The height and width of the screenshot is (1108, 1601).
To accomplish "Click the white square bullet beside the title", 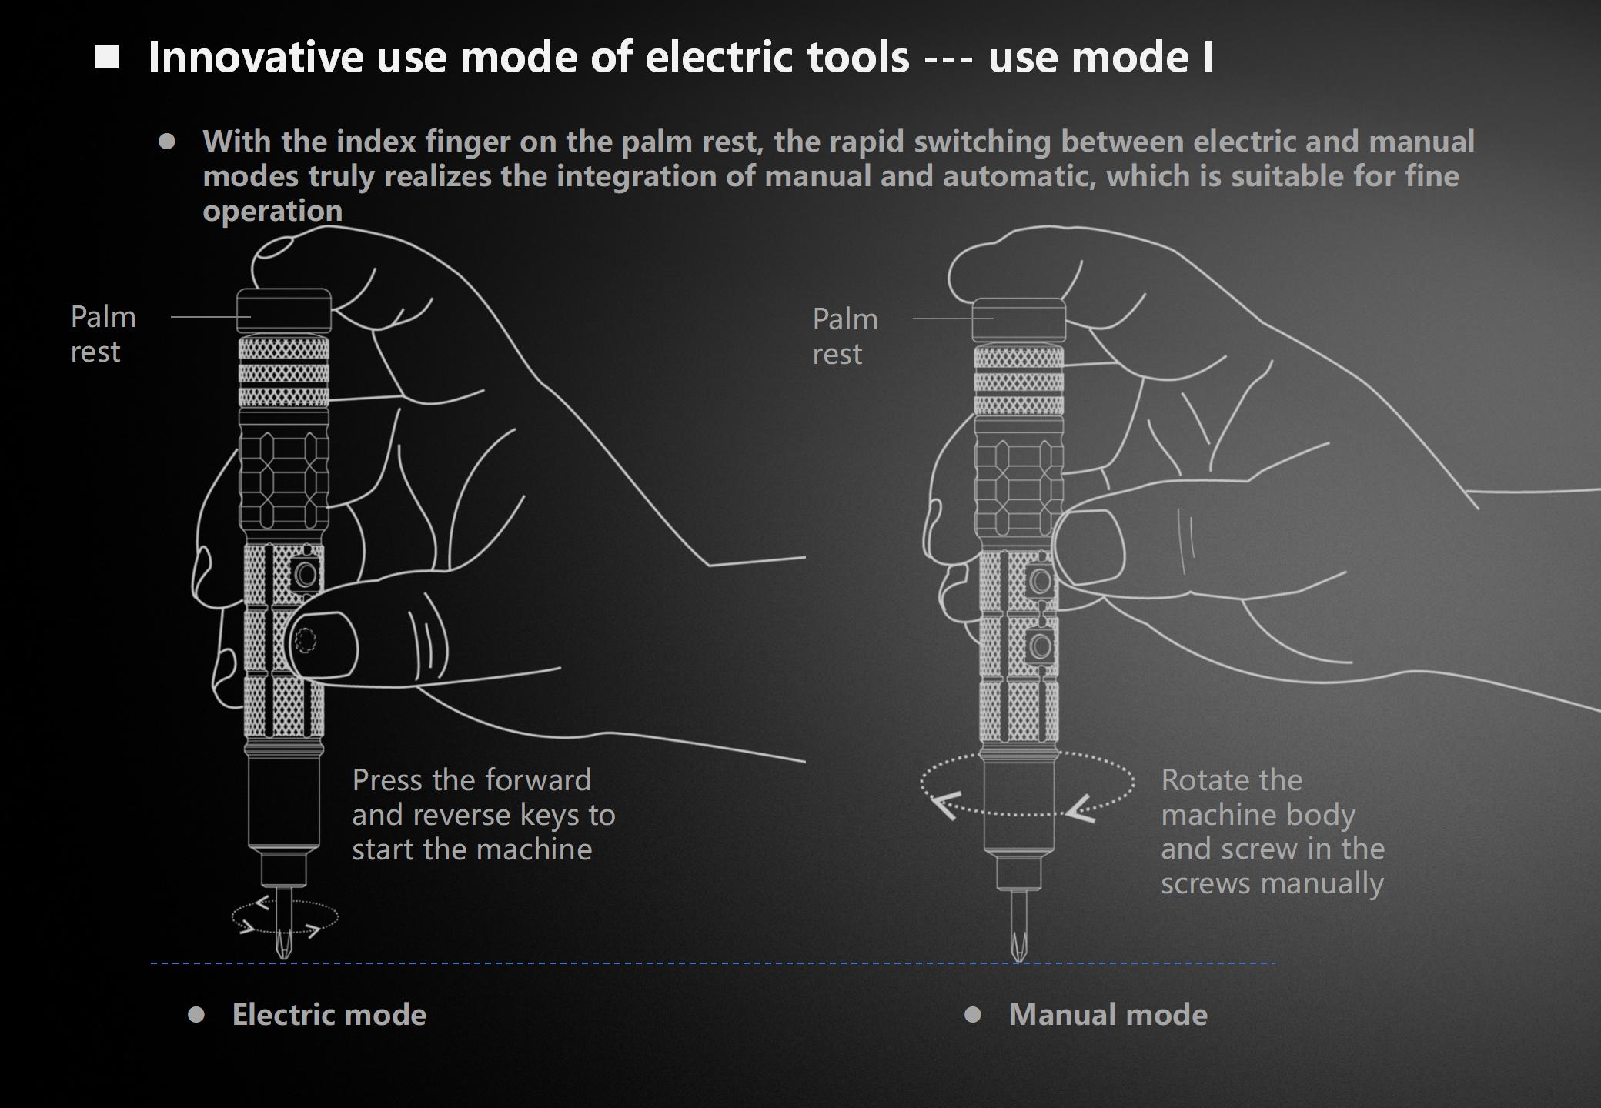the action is tap(107, 57).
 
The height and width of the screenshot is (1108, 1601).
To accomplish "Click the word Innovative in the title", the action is tap(256, 57).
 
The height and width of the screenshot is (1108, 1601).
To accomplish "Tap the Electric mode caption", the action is tap(329, 1015).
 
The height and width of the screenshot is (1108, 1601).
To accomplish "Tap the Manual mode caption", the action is tap(1108, 1015).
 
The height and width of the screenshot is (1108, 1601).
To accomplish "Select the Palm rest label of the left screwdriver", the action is tap(103, 334).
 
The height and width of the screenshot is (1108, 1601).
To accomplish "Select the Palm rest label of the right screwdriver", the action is tap(845, 336).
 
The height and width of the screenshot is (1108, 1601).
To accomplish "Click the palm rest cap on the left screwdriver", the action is tap(284, 311).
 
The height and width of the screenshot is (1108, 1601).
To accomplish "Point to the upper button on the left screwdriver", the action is tap(306, 574).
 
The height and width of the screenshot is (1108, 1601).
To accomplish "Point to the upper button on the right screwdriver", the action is tap(1040, 580).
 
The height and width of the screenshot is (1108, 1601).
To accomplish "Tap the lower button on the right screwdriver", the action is tap(1040, 643).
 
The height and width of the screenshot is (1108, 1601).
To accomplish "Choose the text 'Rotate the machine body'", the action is tap(1258, 797).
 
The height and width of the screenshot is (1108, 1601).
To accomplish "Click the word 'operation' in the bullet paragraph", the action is tap(272, 211).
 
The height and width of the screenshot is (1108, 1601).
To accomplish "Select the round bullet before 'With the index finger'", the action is tap(167, 142).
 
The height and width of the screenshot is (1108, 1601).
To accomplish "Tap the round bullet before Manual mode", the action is tap(973, 1015).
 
